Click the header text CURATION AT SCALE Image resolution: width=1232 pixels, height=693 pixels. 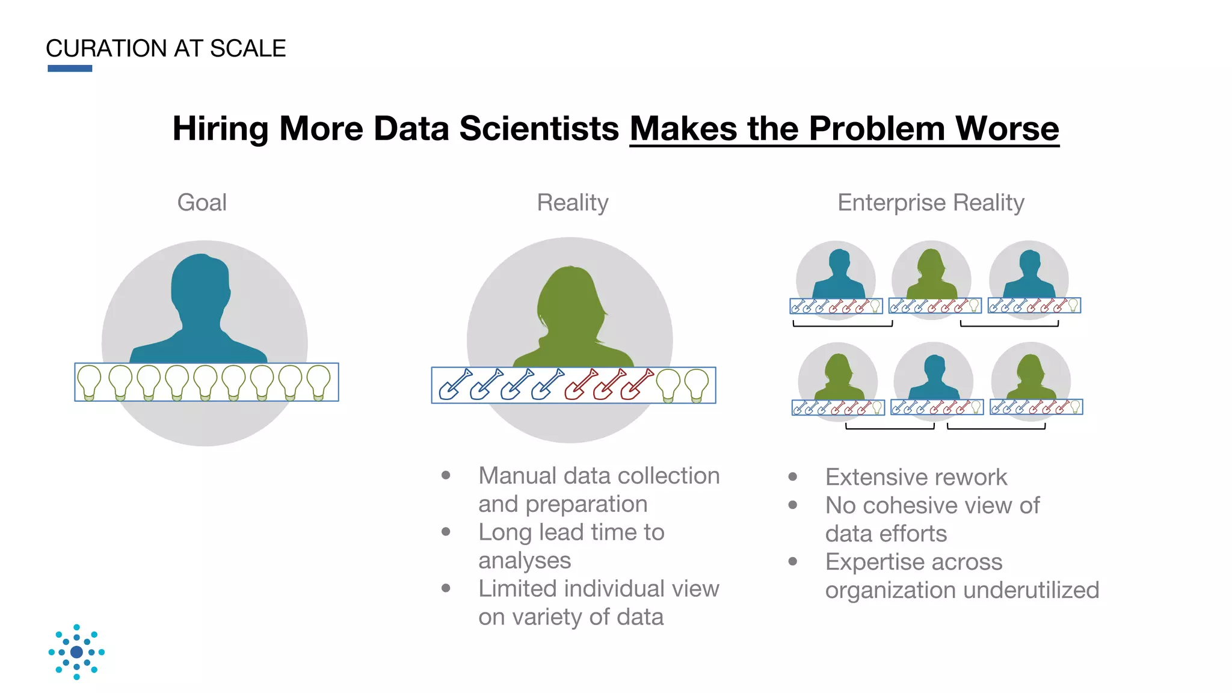[165, 49]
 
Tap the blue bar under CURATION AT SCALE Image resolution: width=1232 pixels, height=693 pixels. [70, 69]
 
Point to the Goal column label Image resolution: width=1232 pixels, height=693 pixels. [202, 203]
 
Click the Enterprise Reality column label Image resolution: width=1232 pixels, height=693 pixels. [931, 203]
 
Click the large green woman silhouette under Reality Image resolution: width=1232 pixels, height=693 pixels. [571, 319]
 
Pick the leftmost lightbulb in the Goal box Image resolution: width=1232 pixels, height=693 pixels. [90, 382]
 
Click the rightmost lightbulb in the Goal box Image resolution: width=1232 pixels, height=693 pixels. [318, 382]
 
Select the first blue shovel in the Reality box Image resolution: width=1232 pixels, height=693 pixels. [455, 384]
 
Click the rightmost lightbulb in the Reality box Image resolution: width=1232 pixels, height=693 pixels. [697, 385]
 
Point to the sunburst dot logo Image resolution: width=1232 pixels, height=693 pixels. [76, 652]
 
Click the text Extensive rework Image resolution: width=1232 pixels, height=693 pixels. [916, 477]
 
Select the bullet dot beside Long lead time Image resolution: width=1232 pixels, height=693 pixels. [446, 532]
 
